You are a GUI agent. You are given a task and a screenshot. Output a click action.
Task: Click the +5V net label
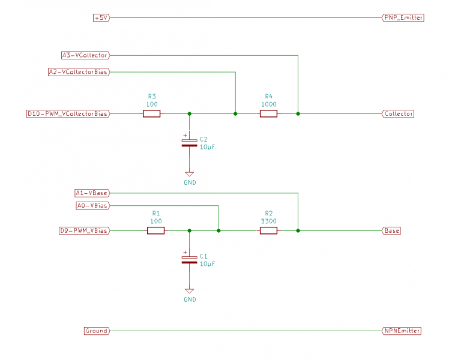pos(101,18)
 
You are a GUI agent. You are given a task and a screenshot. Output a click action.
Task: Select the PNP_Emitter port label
pos(403,18)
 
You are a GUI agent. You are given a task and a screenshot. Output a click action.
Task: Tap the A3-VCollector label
pos(85,55)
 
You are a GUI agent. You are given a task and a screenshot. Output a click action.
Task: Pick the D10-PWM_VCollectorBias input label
pos(68,113)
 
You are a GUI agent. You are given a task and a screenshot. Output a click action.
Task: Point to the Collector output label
pos(398,113)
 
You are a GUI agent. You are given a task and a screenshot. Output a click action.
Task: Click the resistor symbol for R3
pos(151,113)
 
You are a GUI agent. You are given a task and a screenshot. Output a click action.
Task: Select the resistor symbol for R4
pos(268,113)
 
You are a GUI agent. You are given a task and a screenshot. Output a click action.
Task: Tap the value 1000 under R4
pos(268,104)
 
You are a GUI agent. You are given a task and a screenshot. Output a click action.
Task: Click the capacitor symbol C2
pos(189,143)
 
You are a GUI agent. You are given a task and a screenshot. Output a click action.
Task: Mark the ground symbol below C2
pos(189,174)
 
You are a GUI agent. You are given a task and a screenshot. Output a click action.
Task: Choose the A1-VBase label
pos(91,193)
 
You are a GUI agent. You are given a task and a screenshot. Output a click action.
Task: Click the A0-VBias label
pos(92,206)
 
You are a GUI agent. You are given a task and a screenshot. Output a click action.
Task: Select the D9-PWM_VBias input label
pos(84,230)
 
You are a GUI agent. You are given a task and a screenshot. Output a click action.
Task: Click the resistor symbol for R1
pos(155,230)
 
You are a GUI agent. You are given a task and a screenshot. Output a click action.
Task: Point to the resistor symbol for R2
pos(268,230)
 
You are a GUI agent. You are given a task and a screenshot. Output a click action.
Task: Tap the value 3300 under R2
pos(268,221)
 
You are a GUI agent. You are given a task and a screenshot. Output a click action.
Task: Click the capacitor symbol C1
pos(189,260)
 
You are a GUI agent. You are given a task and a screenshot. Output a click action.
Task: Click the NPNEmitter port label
pos(402,331)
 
